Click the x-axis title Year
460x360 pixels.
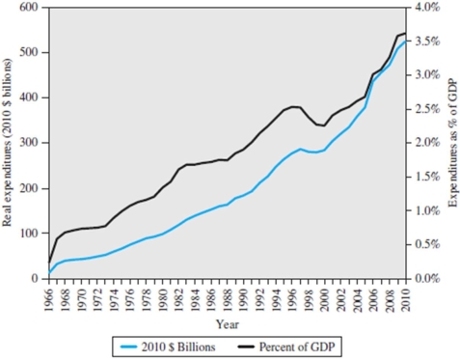[228, 323]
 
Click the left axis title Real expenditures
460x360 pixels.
[9, 143]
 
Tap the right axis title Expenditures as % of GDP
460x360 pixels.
[450, 143]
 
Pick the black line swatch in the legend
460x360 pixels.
[257, 346]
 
